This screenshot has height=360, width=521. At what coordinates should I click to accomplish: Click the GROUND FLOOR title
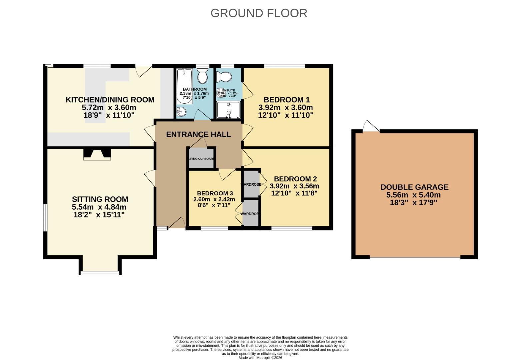(259, 13)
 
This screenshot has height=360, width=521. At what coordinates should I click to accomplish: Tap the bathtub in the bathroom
(184, 86)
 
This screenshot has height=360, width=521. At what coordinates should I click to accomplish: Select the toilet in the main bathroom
(202, 76)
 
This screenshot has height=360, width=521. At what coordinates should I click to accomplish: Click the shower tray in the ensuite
(228, 110)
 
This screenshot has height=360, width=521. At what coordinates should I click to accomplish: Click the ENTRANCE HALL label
(198, 134)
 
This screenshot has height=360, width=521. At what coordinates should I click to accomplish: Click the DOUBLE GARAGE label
(414, 187)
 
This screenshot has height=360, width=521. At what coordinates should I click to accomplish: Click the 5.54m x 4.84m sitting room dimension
(99, 207)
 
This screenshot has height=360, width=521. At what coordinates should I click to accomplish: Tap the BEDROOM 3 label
(215, 193)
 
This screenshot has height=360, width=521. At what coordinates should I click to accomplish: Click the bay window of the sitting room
(100, 273)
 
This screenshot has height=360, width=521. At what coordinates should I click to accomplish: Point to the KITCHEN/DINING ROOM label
(110, 100)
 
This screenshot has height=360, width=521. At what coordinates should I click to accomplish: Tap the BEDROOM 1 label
(286, 100)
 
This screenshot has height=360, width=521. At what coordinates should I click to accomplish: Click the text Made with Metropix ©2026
(260, 358)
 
